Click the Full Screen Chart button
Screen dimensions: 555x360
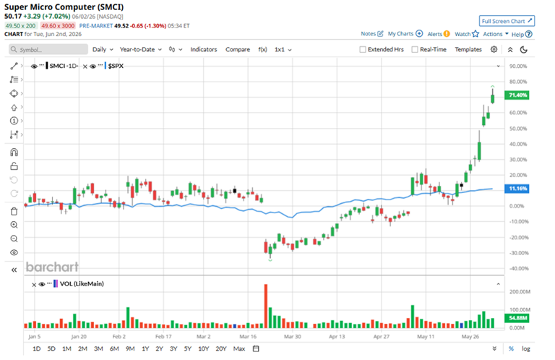point(507,21)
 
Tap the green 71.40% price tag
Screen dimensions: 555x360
point(517,95)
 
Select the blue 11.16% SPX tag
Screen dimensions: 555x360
point(517,189)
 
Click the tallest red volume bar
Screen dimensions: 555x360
point(266,307)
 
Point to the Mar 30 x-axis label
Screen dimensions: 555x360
point(293,336)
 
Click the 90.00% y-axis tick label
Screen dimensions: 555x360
point(518,67)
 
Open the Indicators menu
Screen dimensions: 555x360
point(204,50)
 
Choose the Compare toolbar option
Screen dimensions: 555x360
point(238,50)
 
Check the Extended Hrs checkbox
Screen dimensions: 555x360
point(363,50)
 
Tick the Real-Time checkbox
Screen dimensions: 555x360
point(415,50)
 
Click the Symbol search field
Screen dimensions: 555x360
point(48,50)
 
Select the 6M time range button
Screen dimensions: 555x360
point(114,348)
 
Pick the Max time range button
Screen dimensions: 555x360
point(239,348)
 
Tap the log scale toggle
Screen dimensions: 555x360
point(526,348)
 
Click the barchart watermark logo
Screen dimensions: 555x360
point(52,267)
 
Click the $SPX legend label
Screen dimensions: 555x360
point(116,66)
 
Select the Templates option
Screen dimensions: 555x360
point(468,50)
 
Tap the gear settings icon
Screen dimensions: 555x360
point(494,50)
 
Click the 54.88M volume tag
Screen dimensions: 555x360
point(517,318)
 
